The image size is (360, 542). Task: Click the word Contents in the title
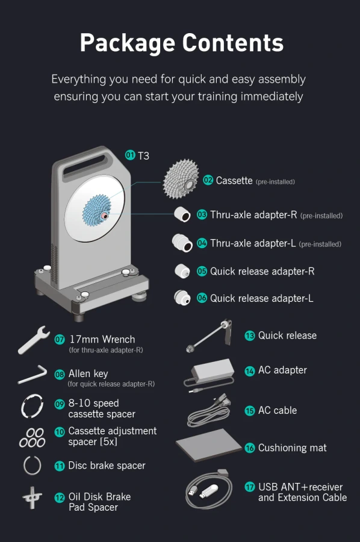(x=232, y=43)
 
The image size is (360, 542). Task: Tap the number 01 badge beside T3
(x=130, y=155)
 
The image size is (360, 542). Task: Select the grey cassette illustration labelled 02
(x=181, y=178)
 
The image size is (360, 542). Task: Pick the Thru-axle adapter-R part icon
(x=182, y=214)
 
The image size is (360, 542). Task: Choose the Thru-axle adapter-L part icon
(x=182, y=243)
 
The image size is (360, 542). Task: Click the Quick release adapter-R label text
(x=262, y=272)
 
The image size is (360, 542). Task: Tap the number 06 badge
(x=202, y=297)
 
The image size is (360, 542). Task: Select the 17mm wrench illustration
(x=34, y=340)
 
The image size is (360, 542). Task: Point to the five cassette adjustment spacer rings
(x=32, y=438)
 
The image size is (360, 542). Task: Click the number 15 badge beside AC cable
(x=249, y=410)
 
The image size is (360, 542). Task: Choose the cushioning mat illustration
(x=209, y=445)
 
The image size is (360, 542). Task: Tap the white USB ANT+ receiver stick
(x=209, y=491)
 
